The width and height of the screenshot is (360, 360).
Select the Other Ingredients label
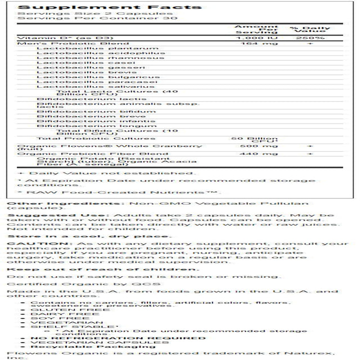(x=31, y=201)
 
